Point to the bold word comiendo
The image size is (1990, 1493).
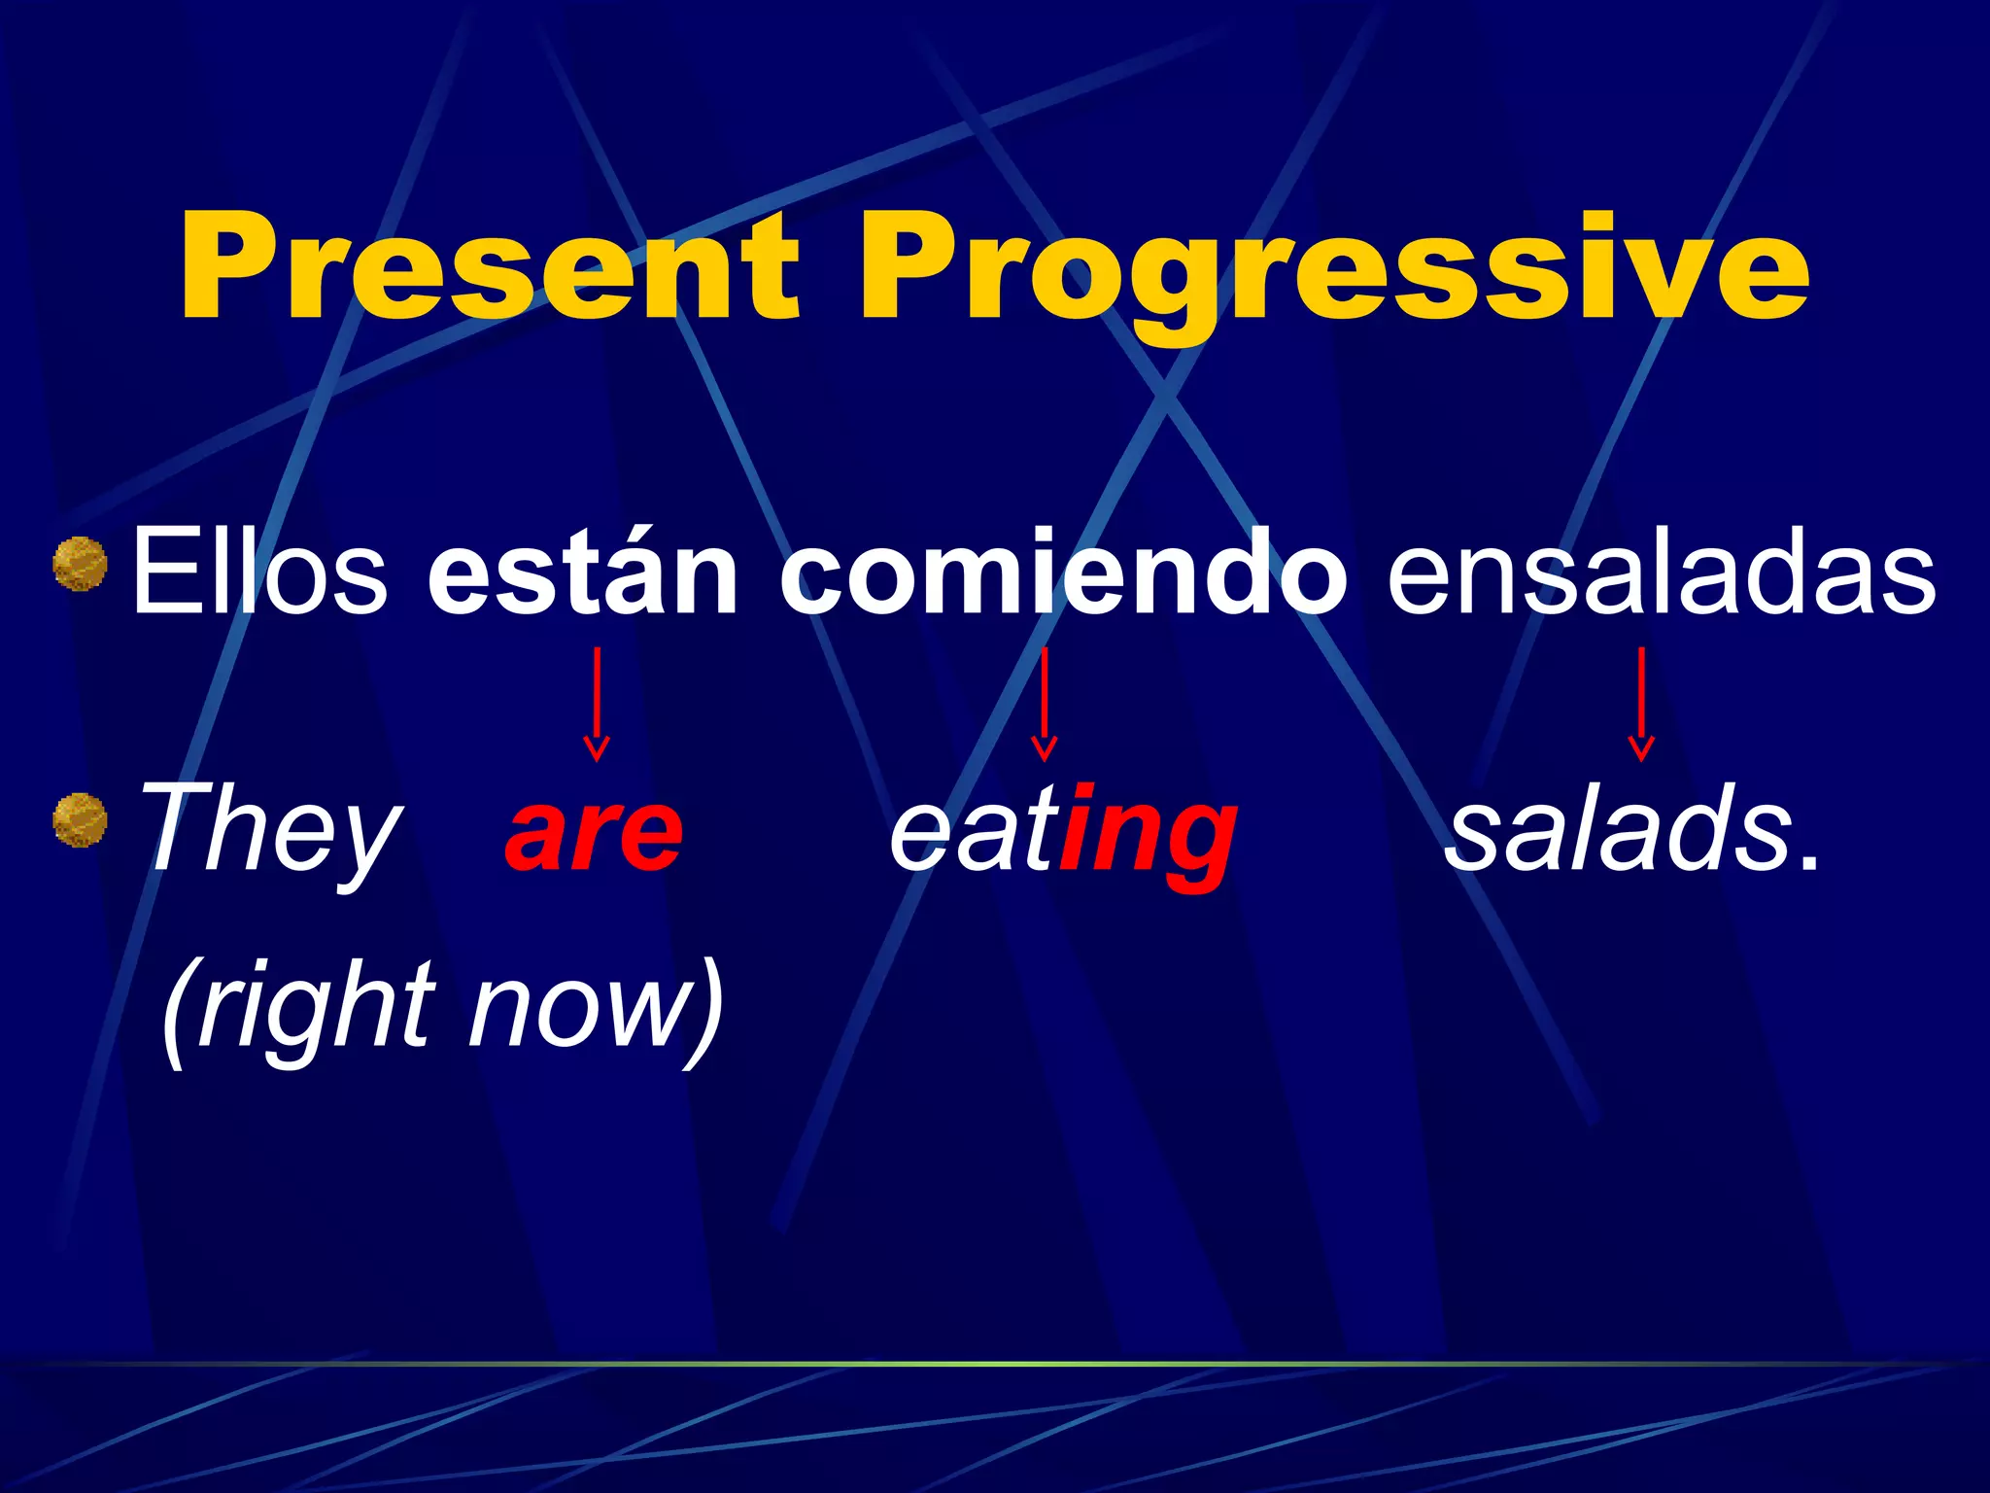(x=1063, y=573)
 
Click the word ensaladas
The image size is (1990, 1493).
(x=1661, y=573)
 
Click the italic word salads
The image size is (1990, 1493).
(x=1618, y=832)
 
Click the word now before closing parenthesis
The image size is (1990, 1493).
(x=573, y=1011)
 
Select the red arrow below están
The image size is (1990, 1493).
(x=596, y=704)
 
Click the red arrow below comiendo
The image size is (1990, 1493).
(x=1044, y=704)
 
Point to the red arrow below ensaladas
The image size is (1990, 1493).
(x=1641, y=704)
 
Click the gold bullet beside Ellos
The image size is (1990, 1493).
(x=80, y=564)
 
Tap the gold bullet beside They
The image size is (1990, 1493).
(x=80, y=819)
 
